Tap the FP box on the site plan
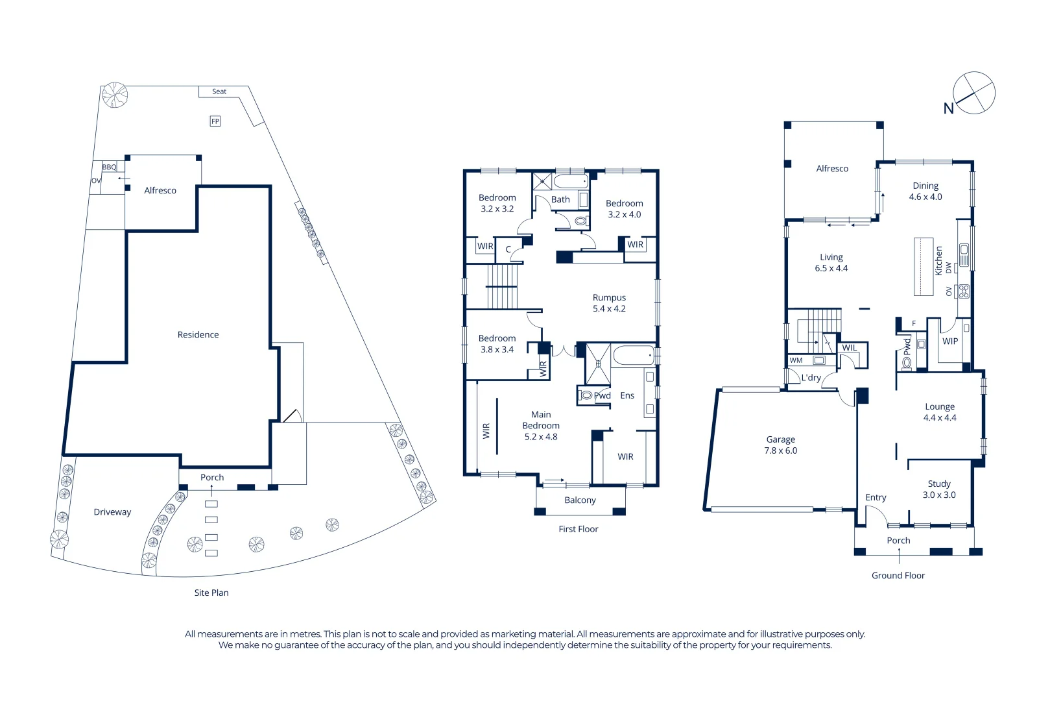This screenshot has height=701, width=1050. coord(215,121)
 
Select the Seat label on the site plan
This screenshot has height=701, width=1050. coord(219,92)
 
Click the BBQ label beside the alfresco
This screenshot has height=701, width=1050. coord(109,167)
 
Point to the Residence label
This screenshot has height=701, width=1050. coord(198,335)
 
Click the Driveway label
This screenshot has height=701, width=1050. coord(112,512)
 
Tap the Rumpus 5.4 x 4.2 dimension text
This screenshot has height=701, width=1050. coord(609,309)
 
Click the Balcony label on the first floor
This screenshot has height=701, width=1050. coord(580,500)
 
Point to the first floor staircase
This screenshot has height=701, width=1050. coord(503,286)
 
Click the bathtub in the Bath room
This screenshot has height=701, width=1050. coord(571,181)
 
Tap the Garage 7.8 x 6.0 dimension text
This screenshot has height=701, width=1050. coord(781,450)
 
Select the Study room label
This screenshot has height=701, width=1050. coord(939,484)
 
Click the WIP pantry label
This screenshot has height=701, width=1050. coord(950,341)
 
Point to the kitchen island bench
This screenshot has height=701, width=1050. coord(924,267)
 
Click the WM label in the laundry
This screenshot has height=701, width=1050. coord(796,360)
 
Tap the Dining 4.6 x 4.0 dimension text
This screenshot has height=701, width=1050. coord(925,197)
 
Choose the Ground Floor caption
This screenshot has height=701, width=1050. coord(898,576)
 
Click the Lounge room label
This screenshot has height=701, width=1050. coord(940,407)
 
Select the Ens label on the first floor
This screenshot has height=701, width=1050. coord(627,395)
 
